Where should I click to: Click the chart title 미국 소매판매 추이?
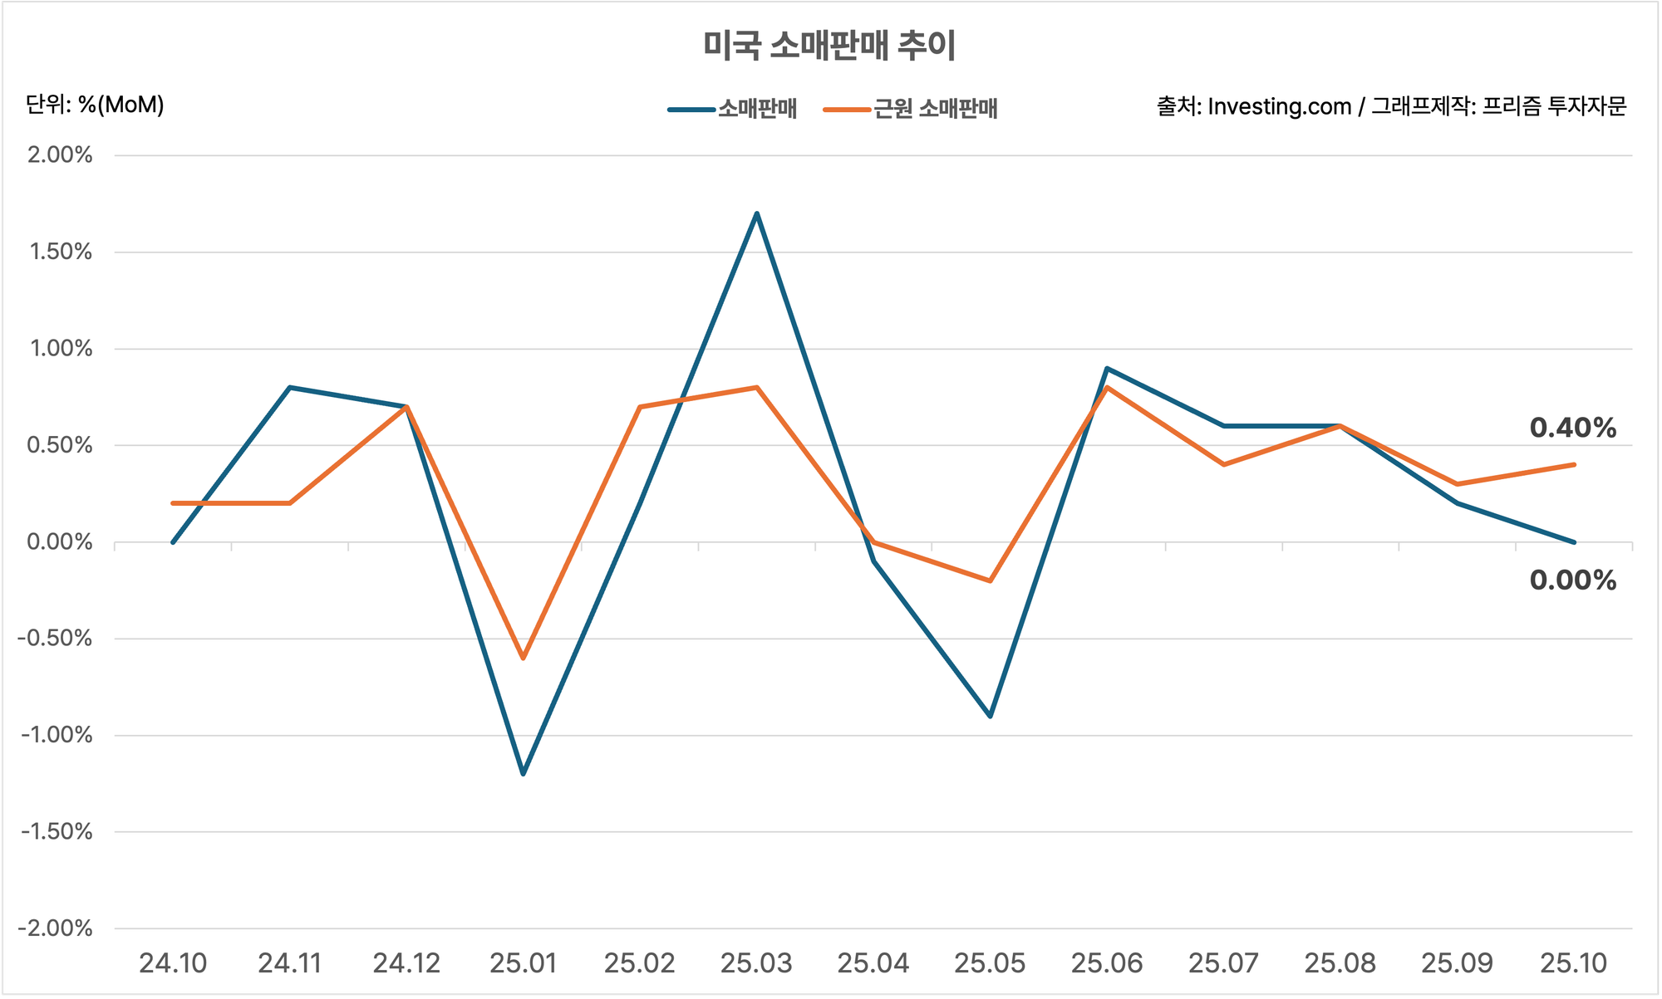(829, 45)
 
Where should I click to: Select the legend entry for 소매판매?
(756, 109)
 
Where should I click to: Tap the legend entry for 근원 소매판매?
(935, 109)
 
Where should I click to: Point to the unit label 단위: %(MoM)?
(95, 105)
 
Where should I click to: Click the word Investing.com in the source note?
(1279, 107)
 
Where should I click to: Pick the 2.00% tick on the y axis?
(60, 155)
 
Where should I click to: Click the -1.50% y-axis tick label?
(55, 832)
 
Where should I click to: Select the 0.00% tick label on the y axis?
(60, 542)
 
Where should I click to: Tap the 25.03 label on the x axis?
(756, 963)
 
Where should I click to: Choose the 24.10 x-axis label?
(173, 963)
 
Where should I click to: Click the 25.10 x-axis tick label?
(1574, 963)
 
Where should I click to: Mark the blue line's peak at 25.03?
(756, 213)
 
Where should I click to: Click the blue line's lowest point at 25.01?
(523, 774)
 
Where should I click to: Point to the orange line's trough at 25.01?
(523, 658)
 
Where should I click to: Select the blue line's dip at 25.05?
(990, 716)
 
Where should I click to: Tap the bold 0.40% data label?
(1572, 428)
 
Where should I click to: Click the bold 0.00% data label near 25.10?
(1572, 580)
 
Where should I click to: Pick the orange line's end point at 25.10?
(1574, 465)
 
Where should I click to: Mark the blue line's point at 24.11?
(289, 387)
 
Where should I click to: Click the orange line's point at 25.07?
(1223, 464)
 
